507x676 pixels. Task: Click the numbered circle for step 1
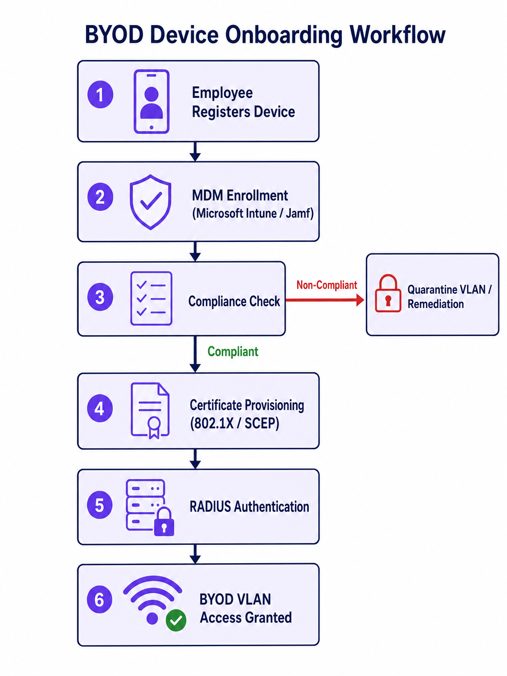pos(100,95)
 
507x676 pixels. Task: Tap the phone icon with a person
pos(151,101)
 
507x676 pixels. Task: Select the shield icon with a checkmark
pos(150,202)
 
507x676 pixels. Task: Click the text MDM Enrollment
pos(240,195)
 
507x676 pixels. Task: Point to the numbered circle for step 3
pos(100,297)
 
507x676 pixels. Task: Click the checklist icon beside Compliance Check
pos(151,298)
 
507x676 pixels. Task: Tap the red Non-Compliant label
pos(326,285)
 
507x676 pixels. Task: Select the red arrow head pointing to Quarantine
pos(360,300)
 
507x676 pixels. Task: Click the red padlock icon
pos(388,294)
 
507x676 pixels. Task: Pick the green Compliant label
pos(233,351)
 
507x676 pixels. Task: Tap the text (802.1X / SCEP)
pos(234,423)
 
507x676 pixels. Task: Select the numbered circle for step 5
pos(99,505)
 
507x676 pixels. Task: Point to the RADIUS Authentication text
pos(249,507)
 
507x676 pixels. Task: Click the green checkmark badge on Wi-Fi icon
pos(176,620)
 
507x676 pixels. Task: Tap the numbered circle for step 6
pos(99,599)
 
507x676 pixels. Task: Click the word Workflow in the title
pos(397,35)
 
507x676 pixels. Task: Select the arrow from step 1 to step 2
pos(195,152)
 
